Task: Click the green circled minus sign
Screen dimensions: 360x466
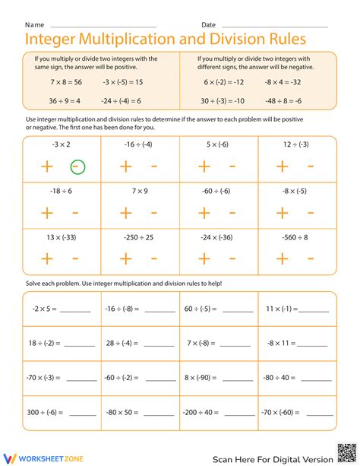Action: pyautogui.click(x=77, y=167)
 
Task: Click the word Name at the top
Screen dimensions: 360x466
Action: pyautogui.click(x=34, y=25)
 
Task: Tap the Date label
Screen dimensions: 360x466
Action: pyautogui.click(x=208, y=25)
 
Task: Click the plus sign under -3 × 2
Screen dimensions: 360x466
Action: pyautogui.click(x=47, y=167)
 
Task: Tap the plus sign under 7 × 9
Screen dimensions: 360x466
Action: pyautogui.click(x=125, y=213)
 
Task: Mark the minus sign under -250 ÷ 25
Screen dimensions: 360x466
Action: pyautogui.click(x=154, y=259)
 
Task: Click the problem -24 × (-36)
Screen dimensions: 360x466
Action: pyautogui.click(x=217, y=238)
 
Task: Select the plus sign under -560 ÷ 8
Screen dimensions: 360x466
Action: pyautogui.click(x=282, y=259)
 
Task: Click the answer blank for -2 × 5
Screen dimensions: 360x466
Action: pyautogui.click(x=74, y=311)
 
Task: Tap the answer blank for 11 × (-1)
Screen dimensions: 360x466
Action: pyautogui.click(x=314, y=311)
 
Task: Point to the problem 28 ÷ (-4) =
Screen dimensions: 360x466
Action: pyautogui.click(x=122, y=343)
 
